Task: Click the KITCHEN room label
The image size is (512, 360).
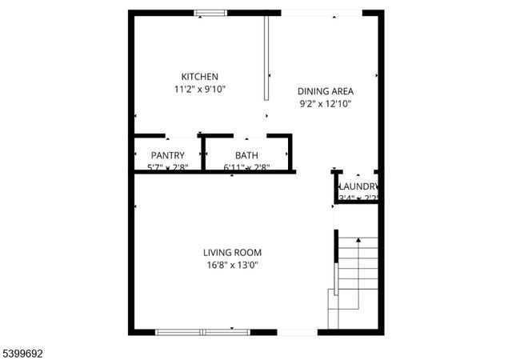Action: pyautogui.click(x=199, y=77)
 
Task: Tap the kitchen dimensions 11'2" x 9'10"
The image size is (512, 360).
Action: pyautogui.click(x=199, y=90)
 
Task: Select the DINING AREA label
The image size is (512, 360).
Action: pyautogui.click(x=325, y=91)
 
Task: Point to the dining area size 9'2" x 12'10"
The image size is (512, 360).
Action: pyautogui.click(x=325, y=103)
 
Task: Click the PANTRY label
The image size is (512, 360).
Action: pyautogui.click(x=168, y=155)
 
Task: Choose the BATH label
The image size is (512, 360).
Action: pyautogui.click(x=246, y=155)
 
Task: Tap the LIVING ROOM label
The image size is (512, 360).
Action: pyautogui.click(x=231, y=252)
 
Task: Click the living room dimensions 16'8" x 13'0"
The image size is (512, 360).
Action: pyautogui.click(x=231, y=265)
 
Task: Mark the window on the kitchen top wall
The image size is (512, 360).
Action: pyautogui.click(x=210, y=13)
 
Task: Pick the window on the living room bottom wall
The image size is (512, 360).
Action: pyautogui.click(x=202, y=330)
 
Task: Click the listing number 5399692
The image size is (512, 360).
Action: pyautogui.click(x=24, y=350)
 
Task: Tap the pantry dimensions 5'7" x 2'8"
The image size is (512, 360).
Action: pyautogui.click(x=168, y=167)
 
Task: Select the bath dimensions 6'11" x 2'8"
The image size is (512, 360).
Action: pyautogui.click(x=246, y=167)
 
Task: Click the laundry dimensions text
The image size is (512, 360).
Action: pyautogui.click(x=357, y=198)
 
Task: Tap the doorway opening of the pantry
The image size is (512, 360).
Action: pyautogui.click(x=182, y=137)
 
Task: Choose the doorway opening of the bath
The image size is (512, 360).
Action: pyautogui.click(x=246, y=137)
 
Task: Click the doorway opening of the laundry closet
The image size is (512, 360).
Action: pyautogui.click(x=358, y=171)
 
